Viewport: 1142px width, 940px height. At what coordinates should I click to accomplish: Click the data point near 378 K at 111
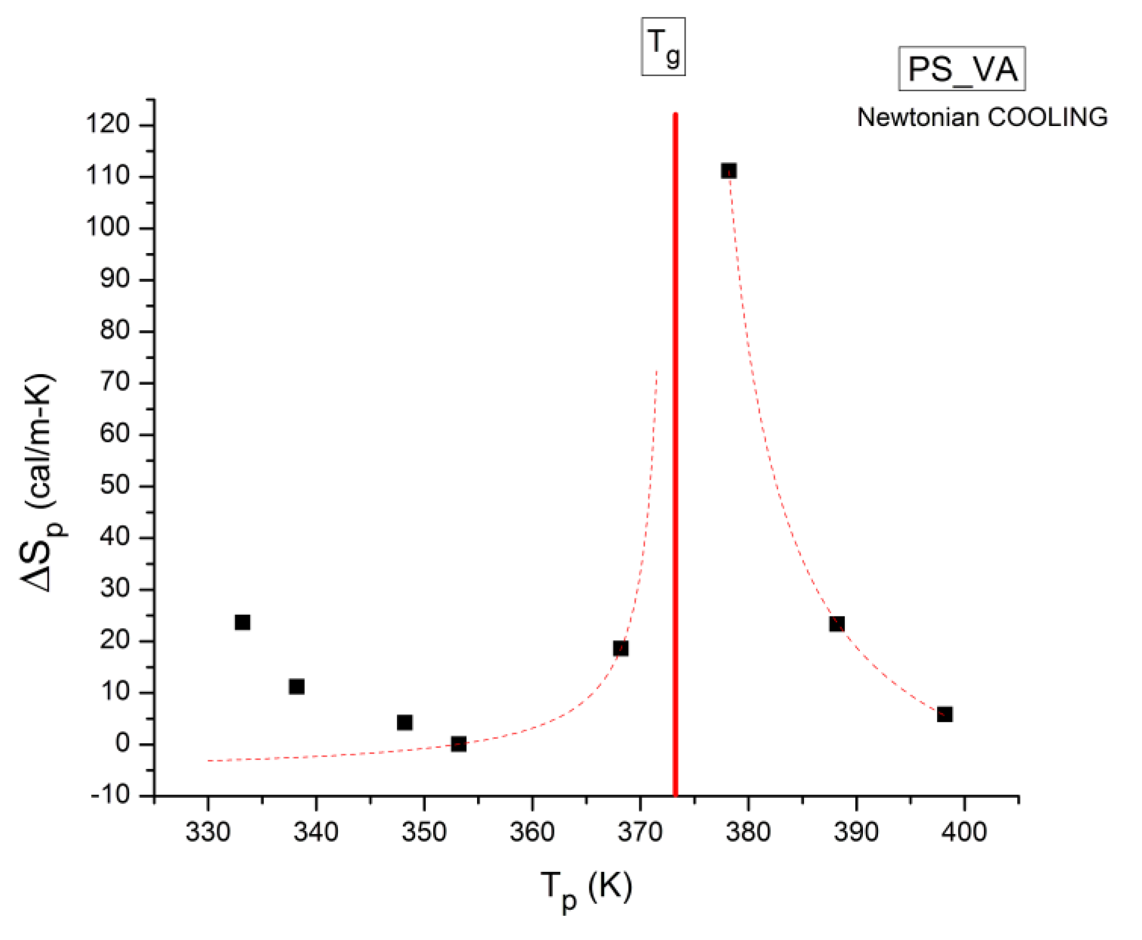(728, 171)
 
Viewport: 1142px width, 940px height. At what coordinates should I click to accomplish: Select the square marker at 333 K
(242, 622)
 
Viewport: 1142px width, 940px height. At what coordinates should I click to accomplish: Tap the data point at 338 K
(297, 686)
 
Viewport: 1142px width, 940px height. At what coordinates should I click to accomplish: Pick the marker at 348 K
(405, 722)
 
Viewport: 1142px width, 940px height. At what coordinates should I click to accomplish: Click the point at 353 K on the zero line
(458, 744)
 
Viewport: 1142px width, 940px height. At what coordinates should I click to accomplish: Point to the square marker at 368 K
(621, 648)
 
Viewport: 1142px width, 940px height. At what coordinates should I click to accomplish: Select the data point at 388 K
(837, 624)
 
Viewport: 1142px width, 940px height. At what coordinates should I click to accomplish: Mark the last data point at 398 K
(945, 714)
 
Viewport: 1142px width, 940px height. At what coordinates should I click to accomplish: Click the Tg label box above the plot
(663, 46)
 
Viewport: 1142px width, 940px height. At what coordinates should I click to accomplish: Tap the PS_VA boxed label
(962, 69)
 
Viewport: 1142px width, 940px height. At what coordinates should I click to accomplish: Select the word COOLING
(1048, 117)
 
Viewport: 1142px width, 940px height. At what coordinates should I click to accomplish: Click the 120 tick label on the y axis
(108, 124)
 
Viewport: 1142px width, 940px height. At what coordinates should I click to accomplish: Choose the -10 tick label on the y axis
(111, 795)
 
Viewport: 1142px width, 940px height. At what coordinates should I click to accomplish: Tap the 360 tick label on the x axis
(532, 832)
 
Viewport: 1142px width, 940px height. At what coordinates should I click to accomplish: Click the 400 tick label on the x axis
(964, 832)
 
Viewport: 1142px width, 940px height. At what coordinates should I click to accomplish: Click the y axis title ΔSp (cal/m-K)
(43, 482)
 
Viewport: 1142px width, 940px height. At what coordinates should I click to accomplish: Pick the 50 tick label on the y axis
(115, 485)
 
